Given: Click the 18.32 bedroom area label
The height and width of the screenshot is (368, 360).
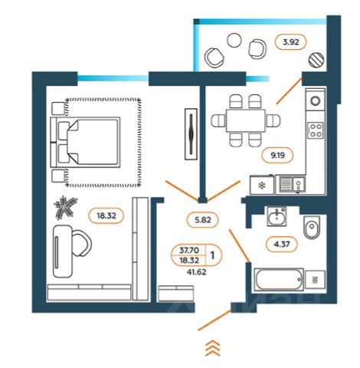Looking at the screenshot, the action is point(106,216).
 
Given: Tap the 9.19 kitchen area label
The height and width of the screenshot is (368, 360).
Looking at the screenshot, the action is point(277,155).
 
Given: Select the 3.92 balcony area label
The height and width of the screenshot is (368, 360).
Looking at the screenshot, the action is point(291,41).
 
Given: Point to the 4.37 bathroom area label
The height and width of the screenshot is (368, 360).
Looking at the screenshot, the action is point(282,245).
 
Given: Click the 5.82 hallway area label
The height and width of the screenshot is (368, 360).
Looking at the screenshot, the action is point(203,220).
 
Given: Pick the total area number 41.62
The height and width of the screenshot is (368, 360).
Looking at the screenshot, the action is point(196,272).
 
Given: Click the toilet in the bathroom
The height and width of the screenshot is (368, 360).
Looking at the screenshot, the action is point(312,228).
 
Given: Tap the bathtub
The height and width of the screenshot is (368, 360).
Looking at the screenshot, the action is point(279,280).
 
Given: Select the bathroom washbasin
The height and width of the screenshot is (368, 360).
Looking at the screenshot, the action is point(277,217).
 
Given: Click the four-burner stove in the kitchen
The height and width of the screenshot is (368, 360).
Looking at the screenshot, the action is point(316,130).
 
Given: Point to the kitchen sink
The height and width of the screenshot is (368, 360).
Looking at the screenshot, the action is point(291,184).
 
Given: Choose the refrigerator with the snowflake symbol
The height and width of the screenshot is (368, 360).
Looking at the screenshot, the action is point(262,185).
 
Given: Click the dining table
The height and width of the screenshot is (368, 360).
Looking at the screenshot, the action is point(246,120).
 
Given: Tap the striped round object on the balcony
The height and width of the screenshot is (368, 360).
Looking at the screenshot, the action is point(316,60).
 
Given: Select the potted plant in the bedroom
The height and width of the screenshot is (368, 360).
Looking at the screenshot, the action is point(65,208).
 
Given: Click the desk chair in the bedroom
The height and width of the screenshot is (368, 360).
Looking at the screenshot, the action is point(82,243).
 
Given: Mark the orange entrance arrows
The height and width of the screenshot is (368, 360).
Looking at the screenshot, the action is point(213,348).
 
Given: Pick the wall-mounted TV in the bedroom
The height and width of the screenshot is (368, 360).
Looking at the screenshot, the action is point(191,134).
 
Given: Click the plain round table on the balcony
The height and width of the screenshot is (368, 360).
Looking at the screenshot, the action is point(234,41).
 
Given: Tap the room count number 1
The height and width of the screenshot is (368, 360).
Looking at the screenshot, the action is point(212,255).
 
